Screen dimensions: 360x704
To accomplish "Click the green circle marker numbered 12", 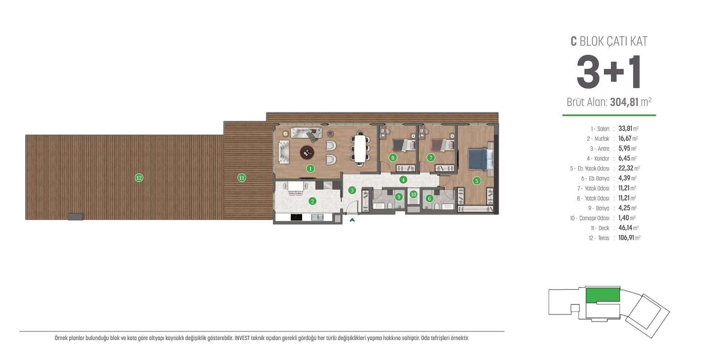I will [x=139, y=178].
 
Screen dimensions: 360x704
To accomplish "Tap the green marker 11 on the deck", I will [x=241, y=178].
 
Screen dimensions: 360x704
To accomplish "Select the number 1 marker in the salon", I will [x=310, y=169].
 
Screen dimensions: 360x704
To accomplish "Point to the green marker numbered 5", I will [x=477, y=180].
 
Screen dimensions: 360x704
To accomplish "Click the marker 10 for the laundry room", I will [x=414, y=194].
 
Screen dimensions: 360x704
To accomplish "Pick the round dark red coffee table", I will [x=307, y=152].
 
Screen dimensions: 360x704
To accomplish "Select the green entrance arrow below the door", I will [x=352, y=220].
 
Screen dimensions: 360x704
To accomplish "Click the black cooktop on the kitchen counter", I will [x=296, y=217].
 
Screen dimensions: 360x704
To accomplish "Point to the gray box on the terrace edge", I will [x=76, y=217].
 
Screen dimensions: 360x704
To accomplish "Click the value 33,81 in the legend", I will [x=625, y=129].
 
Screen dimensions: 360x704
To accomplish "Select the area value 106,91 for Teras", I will [x=626, y=238].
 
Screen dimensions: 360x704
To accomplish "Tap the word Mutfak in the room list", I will [x=602, y=139].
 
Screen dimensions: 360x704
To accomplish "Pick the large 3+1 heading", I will [x=609, y=73].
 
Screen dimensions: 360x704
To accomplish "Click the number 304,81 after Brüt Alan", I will [x=624, y=102].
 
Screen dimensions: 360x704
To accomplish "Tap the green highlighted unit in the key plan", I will [x=602, y=295].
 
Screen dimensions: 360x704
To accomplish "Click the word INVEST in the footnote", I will [x=242, y=338].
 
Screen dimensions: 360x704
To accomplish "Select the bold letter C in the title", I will [x=574, y=41].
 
